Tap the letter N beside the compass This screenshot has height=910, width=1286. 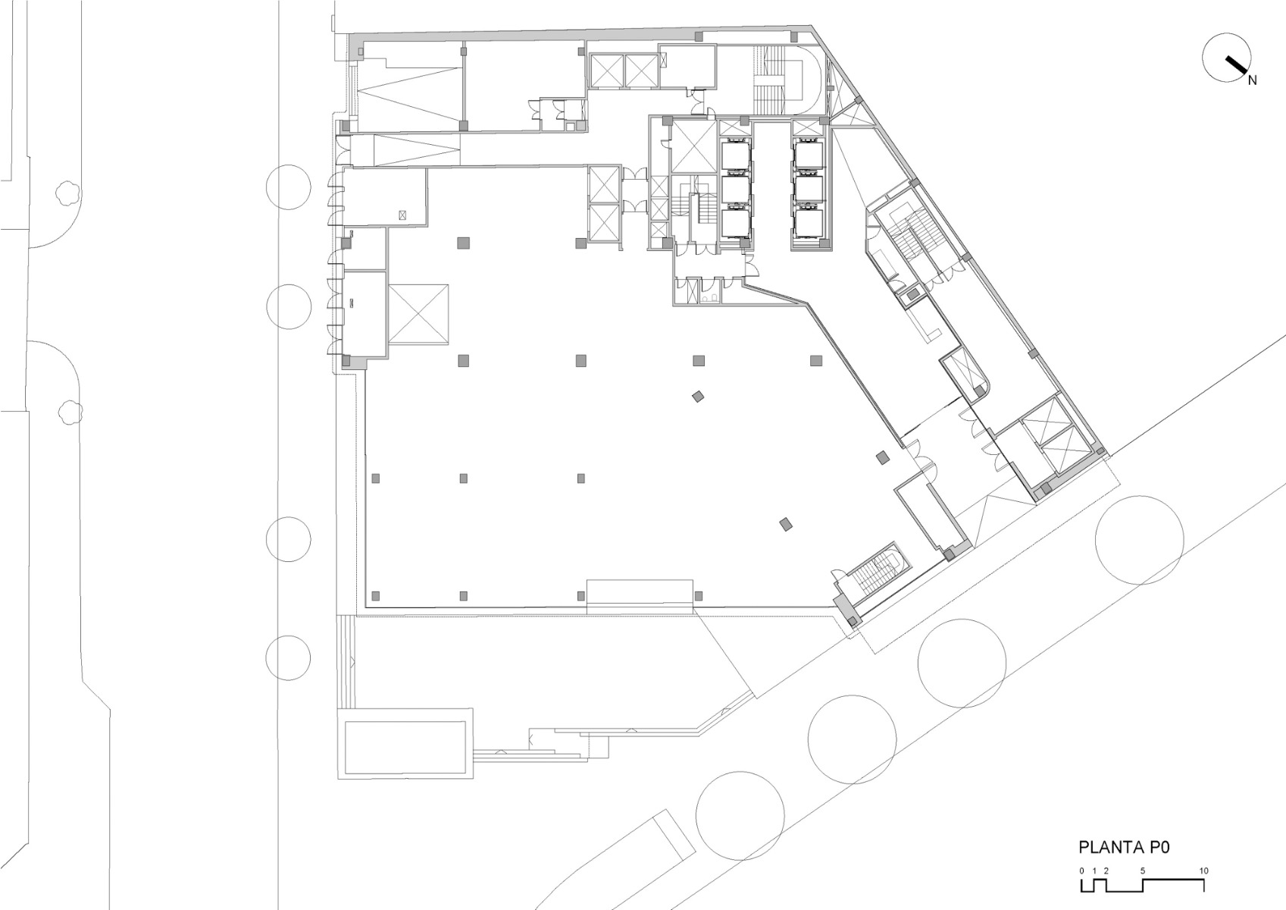click(1252, 80)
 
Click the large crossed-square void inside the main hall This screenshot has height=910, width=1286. click(418, 315)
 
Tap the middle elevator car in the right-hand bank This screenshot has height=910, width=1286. click(809, 190)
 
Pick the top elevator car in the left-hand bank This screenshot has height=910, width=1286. click(735, 156)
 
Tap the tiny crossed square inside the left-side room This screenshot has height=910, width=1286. click(402, 216)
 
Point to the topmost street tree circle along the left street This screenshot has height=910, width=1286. click(289, 187)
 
